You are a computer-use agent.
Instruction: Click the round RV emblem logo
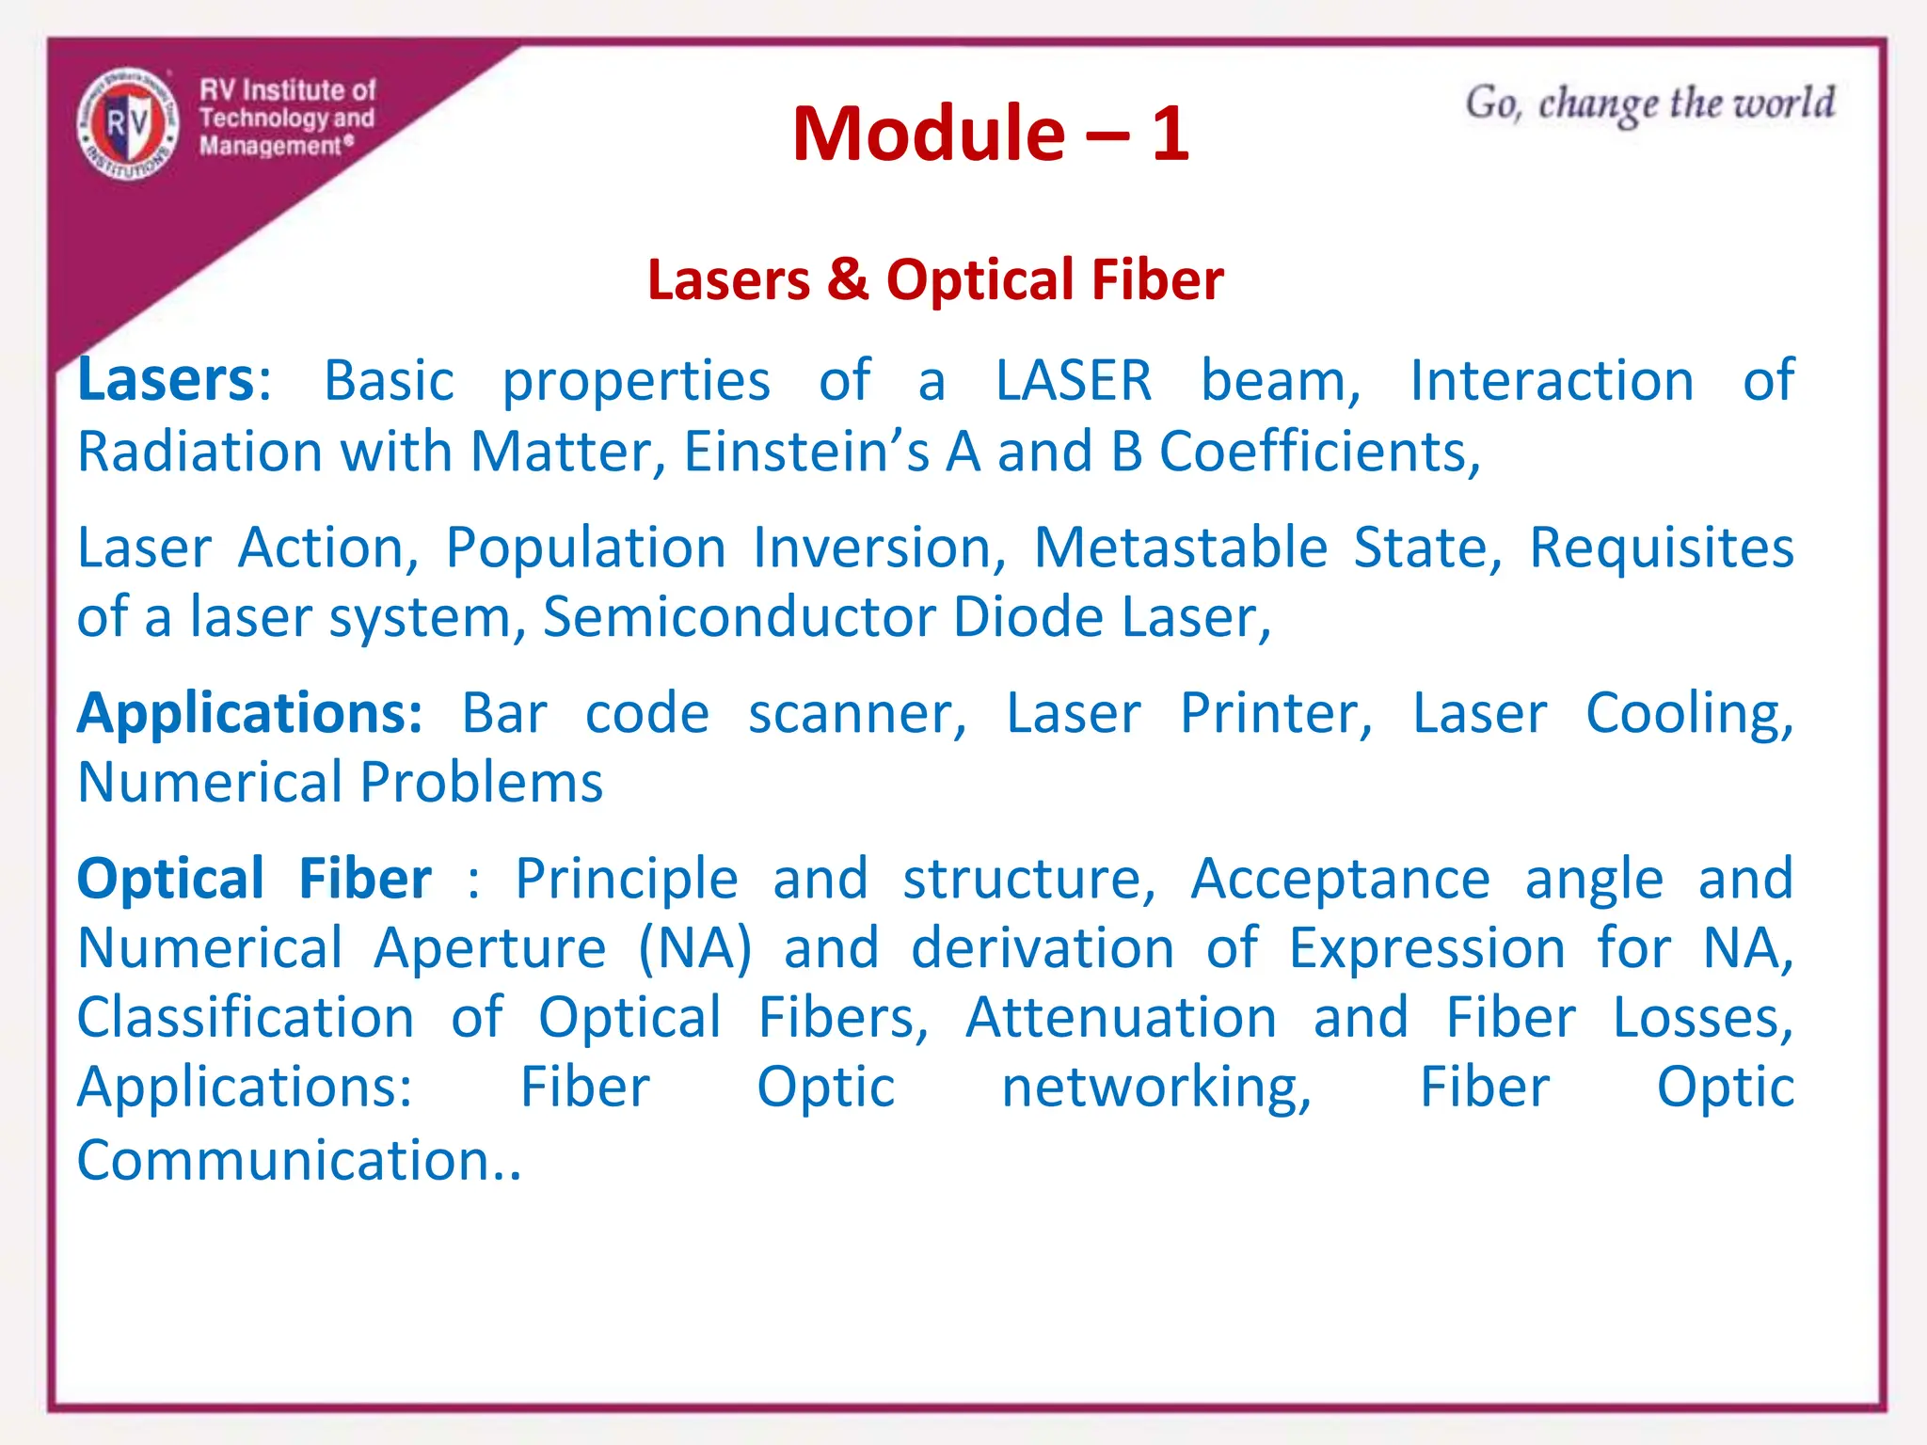[x=127, y=123]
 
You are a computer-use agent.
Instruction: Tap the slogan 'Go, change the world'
[x=1649, y=103]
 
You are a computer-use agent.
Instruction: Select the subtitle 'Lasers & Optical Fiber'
[x=935, y=279]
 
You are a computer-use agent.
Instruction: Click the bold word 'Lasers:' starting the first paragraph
[x=174, y=380]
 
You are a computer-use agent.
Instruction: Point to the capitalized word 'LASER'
[x=1074, y=380]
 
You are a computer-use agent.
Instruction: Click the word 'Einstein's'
[x=806, y=452]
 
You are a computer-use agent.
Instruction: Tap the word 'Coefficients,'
[x=1319, y=452]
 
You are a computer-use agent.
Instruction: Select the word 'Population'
[x=585, y=548]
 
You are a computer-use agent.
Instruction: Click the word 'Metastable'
[x=1180, y=548]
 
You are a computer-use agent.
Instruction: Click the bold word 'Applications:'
[x=250, y=713]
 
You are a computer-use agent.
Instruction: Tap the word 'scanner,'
[x=857, y=713]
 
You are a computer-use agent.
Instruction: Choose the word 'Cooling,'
[x=1689, y=713]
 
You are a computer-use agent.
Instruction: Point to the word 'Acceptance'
[x=1340, y=879]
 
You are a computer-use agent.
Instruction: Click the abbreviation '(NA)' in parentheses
[x=694, y=947]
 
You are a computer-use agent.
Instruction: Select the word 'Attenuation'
[x=1121, y=1017]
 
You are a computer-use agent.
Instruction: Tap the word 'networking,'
[x=1156, y=1088]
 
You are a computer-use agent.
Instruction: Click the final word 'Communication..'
[x=299, y=1159]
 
